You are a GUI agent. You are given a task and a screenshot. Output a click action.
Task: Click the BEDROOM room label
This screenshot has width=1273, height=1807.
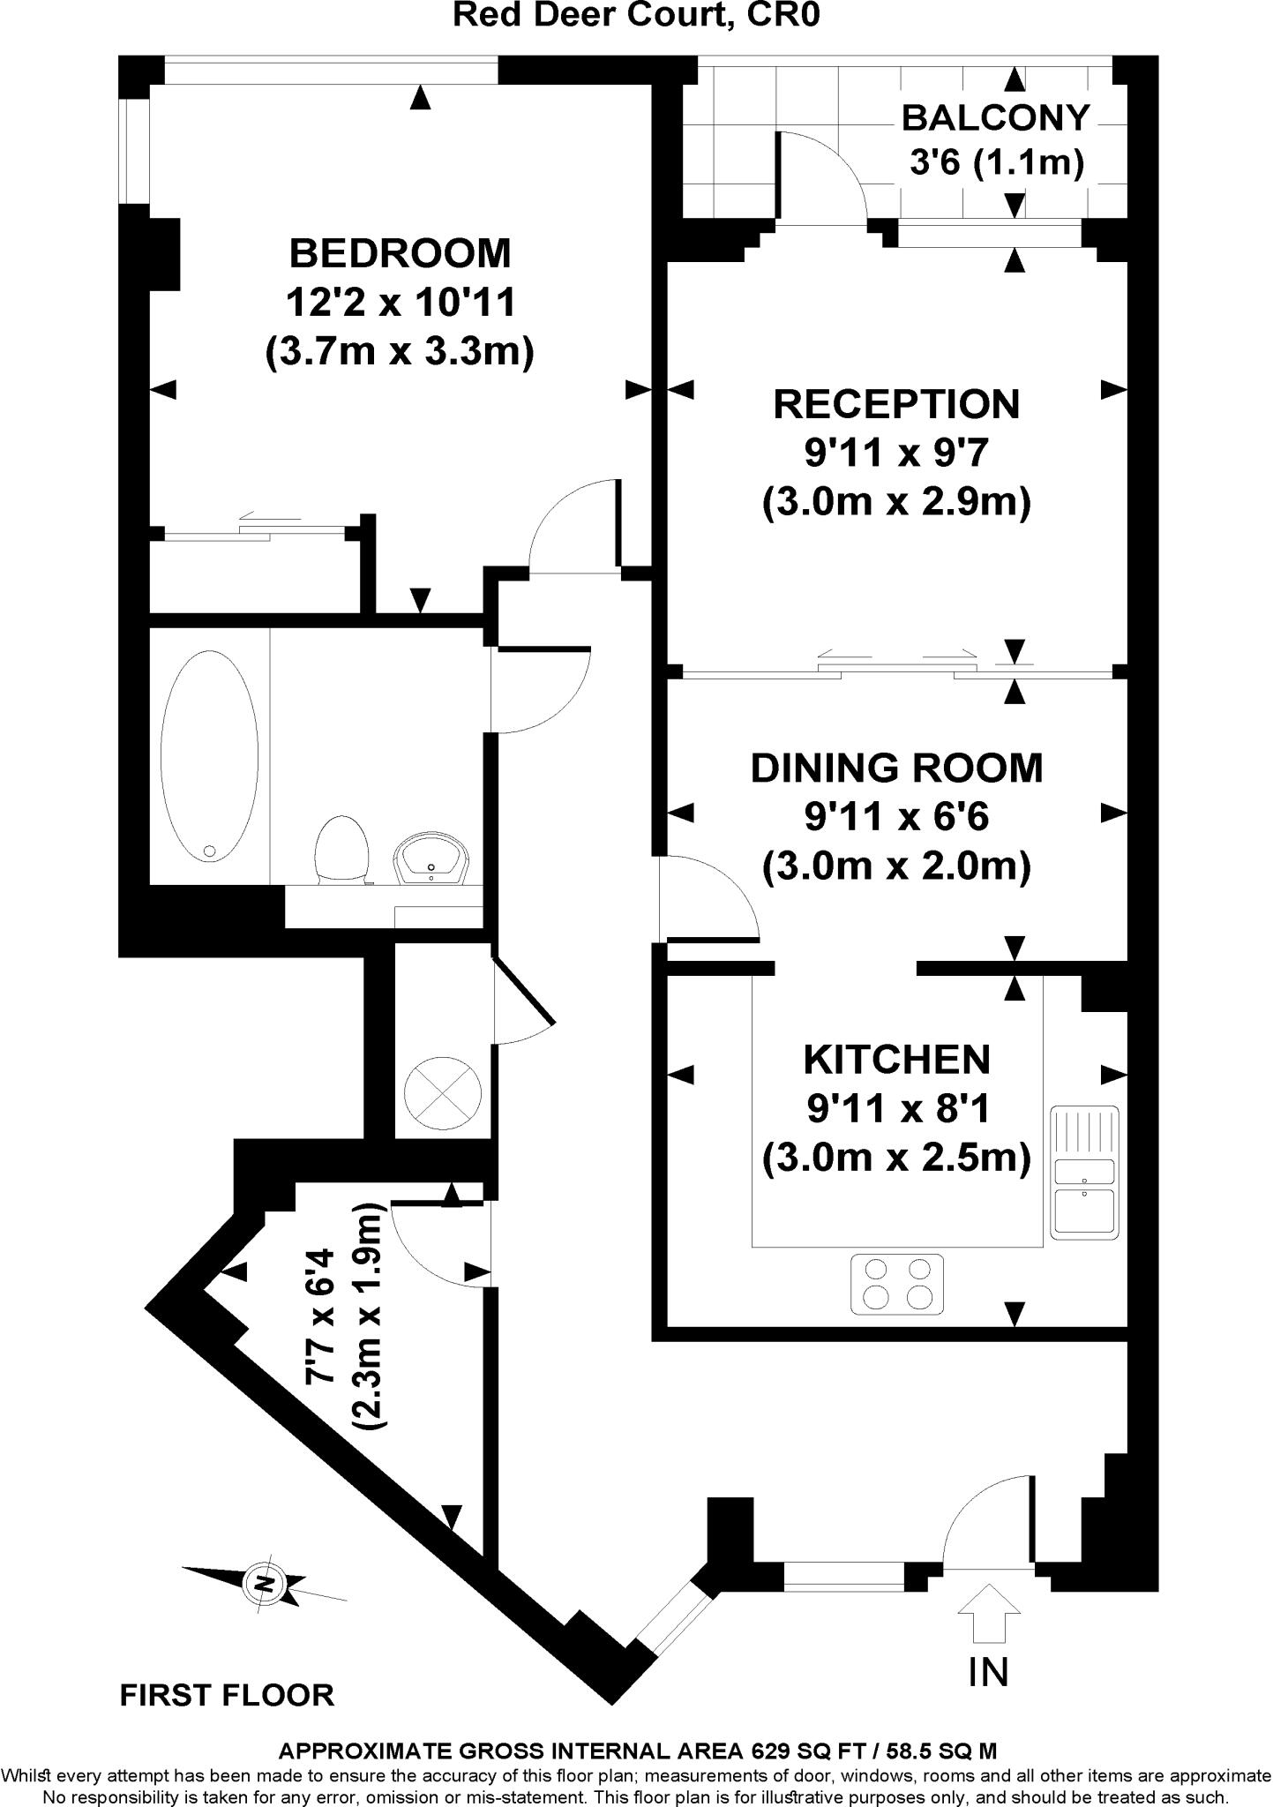point(400,254)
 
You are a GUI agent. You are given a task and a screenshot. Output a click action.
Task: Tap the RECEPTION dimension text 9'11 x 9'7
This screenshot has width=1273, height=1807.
point(895,454)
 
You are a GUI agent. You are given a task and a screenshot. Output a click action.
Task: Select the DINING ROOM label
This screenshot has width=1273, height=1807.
point(896,768)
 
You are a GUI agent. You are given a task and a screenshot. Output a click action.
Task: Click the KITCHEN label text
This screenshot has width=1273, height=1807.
point(896,1059)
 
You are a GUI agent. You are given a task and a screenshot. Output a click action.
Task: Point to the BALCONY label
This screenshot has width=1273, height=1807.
point(995,117)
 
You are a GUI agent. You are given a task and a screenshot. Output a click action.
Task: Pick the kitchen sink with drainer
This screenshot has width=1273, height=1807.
point(1084,1170)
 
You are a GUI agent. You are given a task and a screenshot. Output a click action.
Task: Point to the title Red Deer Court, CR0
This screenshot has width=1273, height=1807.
point(636,15)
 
